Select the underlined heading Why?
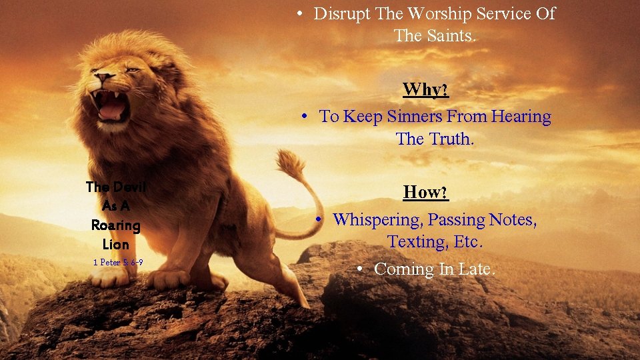pos(425,89)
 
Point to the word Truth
pos(451,139)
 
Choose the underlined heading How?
pos(425,193)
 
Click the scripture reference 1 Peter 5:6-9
pos(117,263)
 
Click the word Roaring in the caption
pos(116,225)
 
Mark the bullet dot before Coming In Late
pos(359,269)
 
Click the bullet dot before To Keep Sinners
pos(304,117)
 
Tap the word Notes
pos(512,220)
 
